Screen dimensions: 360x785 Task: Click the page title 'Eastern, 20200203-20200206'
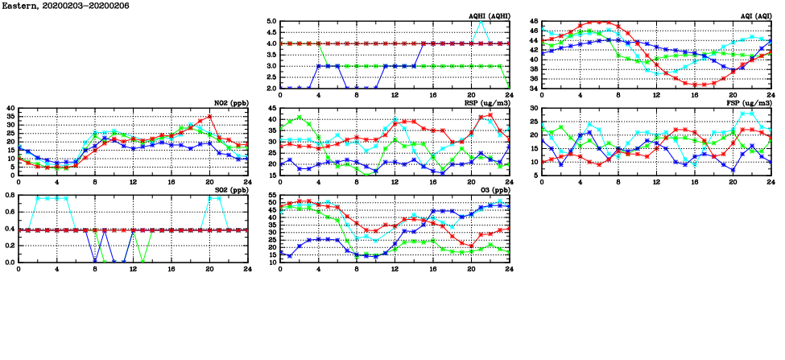[x=55, y=5]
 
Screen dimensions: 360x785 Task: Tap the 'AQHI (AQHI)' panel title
[x=489, y=16]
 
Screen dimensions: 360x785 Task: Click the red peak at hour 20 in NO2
[x=209, y=116]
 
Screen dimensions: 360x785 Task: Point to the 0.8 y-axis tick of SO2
[x=10, y=195]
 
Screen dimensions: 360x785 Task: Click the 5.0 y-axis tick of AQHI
[x=271, y=22]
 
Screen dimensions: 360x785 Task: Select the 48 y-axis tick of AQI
[x=534, y=22]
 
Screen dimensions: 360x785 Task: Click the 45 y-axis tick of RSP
[x=272, y=109]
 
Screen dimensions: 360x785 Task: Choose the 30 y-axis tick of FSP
[x=534, y=109]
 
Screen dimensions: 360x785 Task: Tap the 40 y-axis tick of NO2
[x=10, y=109]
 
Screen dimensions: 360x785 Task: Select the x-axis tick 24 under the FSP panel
[x=771, y=182]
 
